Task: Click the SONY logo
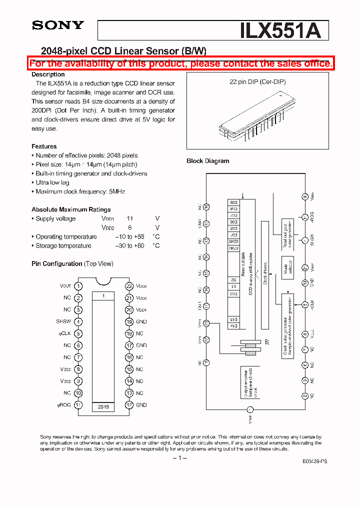click(57, 25)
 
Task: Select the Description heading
click(48, 74)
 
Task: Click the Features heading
click(44, 146)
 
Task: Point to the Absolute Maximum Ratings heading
click(71, 209)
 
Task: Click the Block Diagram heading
click(207, 161)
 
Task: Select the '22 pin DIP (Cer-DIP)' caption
click(257, 81)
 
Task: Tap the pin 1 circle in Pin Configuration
click(78, 286)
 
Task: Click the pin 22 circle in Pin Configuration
click(129, 286)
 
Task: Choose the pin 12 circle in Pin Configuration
click(129, 405)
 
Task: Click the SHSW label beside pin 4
click(63, 322)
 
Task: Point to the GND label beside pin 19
click(141, 322)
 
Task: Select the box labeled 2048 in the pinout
click(103, 407)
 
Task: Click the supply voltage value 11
click(129, 218)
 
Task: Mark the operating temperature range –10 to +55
click(129, 236)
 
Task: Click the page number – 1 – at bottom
click(179, 458)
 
